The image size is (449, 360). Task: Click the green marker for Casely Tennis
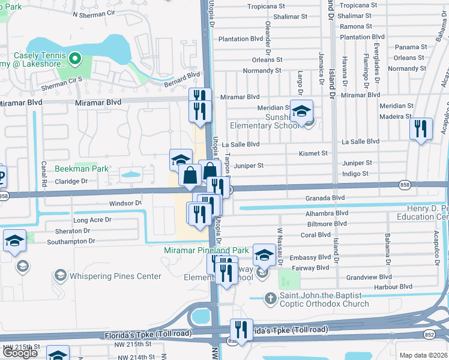point(75,58)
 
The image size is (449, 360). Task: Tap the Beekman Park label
point(82,169)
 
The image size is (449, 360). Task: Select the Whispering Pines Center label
point(115,276)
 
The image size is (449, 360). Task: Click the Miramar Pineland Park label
point(207,250)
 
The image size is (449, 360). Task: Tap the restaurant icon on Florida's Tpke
point(241,329)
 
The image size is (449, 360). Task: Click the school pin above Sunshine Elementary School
point(302,110)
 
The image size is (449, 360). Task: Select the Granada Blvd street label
point(325,197)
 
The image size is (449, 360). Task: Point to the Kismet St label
point(313,153)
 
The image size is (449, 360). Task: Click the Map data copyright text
point(424,355)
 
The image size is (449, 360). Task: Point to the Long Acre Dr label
point(93,220)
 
